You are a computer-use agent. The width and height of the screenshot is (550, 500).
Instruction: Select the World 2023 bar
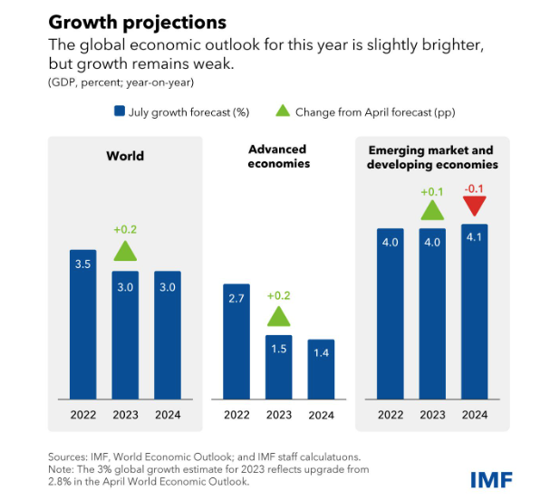125,334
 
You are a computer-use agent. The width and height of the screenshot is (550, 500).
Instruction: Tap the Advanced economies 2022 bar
236,341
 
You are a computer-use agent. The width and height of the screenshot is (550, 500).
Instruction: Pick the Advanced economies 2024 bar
321,369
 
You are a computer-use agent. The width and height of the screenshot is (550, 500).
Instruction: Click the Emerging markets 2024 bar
475,312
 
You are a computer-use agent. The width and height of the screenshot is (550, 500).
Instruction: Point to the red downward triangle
474,207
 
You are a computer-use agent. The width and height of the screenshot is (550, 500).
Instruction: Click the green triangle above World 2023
125,251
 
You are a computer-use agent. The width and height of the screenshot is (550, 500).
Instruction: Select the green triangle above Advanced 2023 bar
279,315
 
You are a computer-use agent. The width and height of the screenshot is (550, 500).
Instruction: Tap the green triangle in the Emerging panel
433,209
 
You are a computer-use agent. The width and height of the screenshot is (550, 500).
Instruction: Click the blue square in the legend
119,111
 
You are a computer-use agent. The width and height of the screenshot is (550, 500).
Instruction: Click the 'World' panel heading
125,156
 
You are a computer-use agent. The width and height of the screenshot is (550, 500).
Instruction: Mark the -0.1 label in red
475,188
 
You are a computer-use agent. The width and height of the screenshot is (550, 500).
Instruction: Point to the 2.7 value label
236,298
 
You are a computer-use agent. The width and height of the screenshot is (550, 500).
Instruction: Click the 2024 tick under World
167,414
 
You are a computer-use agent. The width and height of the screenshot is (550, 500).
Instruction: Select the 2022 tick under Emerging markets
391,414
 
